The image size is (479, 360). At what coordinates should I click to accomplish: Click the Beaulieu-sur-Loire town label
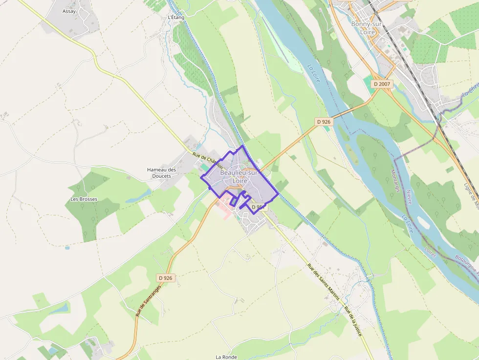[239, 176]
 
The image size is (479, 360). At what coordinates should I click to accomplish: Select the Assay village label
[69, 11]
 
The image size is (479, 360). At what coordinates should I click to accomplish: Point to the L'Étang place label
[176, 18]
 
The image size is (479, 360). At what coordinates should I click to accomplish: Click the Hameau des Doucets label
[161, 173]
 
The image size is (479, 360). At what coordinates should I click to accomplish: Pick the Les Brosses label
[84, 199]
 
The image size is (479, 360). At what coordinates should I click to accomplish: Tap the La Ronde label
[226, 357]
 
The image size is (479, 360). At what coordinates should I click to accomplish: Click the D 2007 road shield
[382, 84]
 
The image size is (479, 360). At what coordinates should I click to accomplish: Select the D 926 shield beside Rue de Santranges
[166, 278]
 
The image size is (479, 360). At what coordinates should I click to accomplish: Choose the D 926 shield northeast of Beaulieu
[324, 122]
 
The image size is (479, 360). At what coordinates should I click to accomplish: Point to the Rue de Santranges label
[147, 301]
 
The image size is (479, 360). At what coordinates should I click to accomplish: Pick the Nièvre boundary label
[409, 197]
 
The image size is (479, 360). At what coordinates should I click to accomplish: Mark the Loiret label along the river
[430, 252]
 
